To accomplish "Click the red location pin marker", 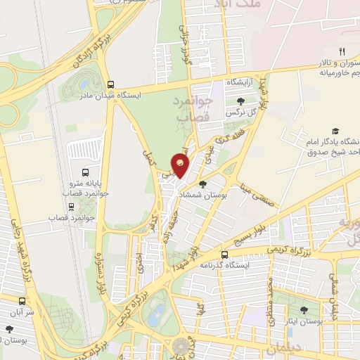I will click(181, 165).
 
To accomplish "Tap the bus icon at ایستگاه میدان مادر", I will click(110, 82).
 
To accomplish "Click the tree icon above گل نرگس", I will click(240, 101).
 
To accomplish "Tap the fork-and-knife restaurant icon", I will click(342, 51).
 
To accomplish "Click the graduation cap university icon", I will click(335, 131).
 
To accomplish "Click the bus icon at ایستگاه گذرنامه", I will click(224, 255).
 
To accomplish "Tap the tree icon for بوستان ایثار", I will click(304, 310).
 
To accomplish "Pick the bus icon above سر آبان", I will click(10, 328).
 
